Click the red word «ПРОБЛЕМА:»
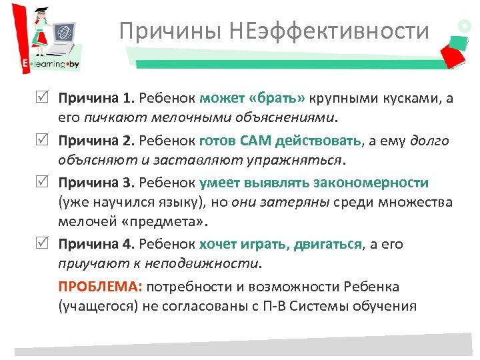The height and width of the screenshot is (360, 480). pos(100,287)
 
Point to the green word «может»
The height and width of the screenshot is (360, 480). pos(222,99)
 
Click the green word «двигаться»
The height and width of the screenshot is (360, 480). pos(327,244)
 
